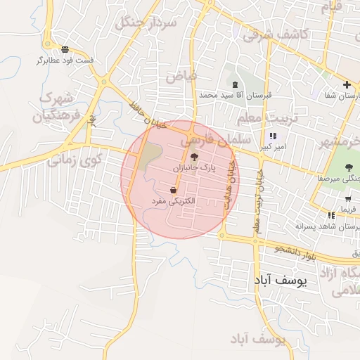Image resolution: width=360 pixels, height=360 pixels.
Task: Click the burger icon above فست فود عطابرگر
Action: (x=65, y=49)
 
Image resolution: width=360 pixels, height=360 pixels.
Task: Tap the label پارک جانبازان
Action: (x=195, y=169)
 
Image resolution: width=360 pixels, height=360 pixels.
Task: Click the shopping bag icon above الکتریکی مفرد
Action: (x=173, y=191)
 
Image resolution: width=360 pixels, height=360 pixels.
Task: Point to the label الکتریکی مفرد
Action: (x=173, y=202)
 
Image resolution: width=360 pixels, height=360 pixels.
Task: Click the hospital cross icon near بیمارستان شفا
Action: (x=346, y=85)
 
